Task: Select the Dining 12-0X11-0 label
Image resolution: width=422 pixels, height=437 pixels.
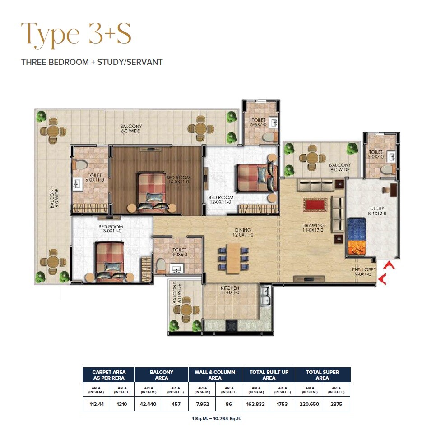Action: point(243,232)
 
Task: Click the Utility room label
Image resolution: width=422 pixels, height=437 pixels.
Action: point(377,211)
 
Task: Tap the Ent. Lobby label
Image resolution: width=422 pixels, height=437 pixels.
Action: point(362,272)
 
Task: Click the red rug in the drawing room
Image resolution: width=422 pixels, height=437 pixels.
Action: point(315,205)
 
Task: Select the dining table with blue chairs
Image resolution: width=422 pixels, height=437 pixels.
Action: point(233,259)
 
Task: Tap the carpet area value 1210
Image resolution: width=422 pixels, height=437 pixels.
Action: point(121,404)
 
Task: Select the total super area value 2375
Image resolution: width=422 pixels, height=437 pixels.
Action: point(336,404)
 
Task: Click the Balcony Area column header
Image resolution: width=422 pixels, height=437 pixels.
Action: point(162,375)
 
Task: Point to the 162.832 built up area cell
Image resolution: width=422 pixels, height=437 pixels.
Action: point(256,404)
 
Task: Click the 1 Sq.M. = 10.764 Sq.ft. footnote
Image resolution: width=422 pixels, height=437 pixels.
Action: point(217,419)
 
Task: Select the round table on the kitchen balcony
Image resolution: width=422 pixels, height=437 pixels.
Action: point(186,310)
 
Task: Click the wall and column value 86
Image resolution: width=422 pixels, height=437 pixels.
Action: point(229,404)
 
